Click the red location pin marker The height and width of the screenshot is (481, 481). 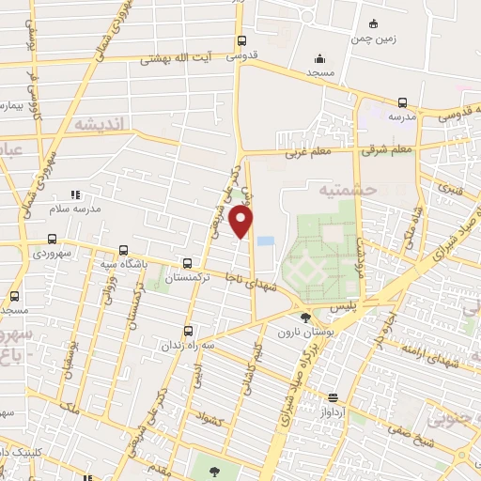coord(242,222)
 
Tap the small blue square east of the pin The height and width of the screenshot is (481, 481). coord(266,241)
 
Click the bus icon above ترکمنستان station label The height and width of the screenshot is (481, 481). coord(188,264)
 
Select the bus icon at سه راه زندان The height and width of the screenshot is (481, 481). coord(189,331)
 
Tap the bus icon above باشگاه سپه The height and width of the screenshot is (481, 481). coord(124,251)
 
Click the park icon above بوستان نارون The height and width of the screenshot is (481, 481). coord(305,318)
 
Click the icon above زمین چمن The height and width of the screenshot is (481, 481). coord(373,23)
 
